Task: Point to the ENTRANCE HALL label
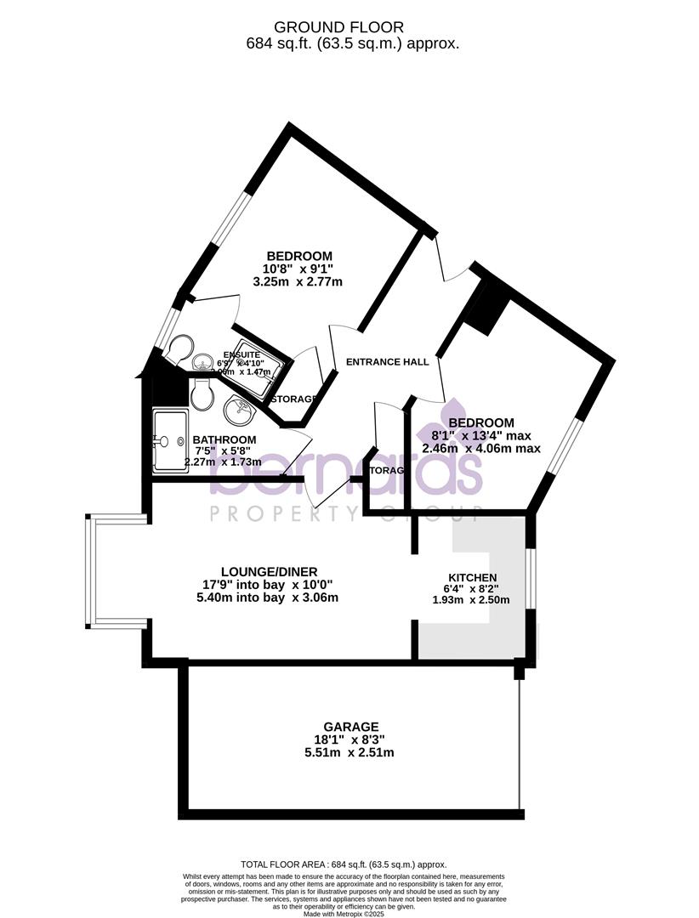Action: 387,361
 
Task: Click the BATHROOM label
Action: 224,439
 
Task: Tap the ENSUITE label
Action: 242,354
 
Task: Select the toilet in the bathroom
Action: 202,393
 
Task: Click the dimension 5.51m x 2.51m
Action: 349,752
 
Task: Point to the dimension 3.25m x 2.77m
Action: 304,281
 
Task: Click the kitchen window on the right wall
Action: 530,578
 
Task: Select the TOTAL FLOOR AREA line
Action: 344,864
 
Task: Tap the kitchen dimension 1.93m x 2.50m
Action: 470,599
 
